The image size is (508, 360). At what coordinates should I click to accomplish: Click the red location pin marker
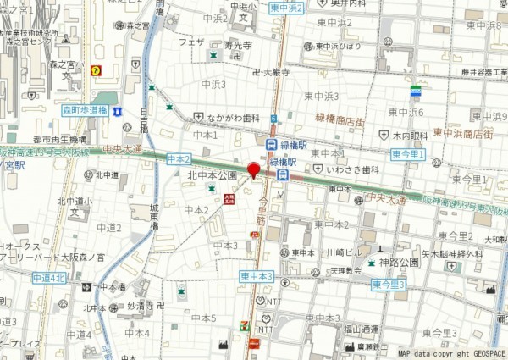point(252,171)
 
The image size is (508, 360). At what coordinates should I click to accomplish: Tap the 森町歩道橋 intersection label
point(85,111)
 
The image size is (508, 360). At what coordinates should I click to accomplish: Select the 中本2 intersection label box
point(179,159)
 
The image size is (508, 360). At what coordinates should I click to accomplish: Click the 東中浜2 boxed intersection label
point(285,8)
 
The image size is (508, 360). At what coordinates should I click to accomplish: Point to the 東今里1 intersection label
point(410,154)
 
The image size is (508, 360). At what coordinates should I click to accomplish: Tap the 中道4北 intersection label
point(49,277)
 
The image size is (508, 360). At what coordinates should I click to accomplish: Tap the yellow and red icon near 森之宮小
point(97,71)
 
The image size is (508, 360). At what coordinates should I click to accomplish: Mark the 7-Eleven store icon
point(245,324)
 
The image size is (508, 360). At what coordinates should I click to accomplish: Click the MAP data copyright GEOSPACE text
point(451,353)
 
